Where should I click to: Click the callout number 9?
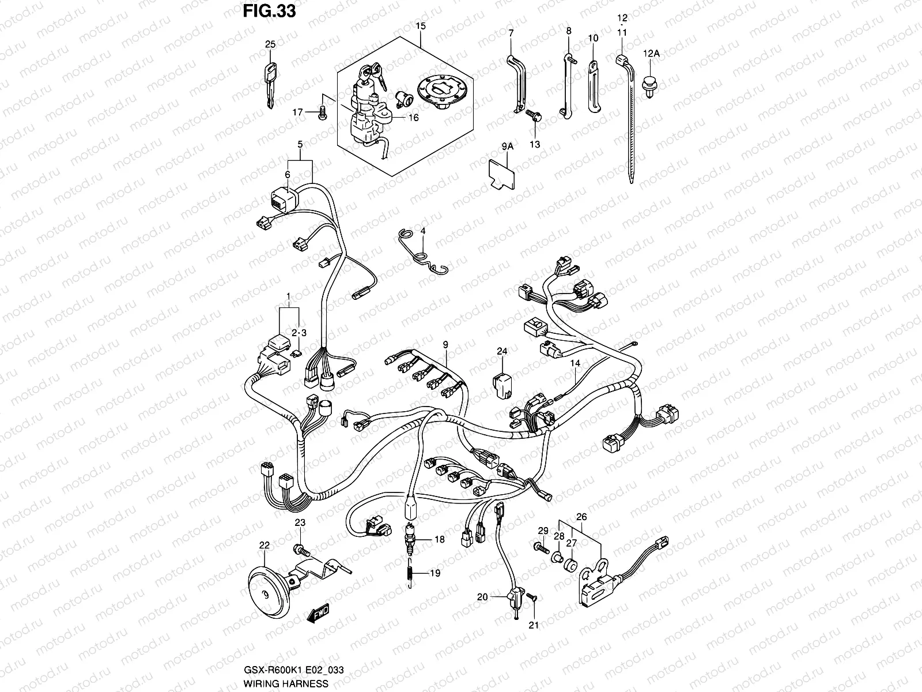[x=445, y=345]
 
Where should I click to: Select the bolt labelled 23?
[x=299, y=546]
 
